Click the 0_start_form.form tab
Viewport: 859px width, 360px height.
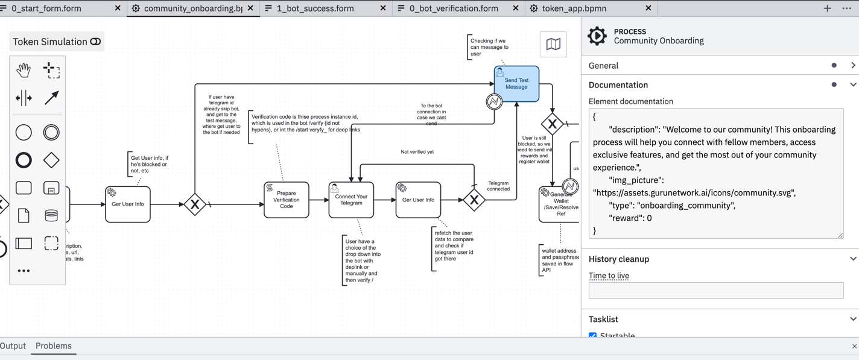(46, 8)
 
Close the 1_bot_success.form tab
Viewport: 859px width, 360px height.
(383, 8)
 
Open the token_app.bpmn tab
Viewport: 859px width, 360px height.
(574, 8)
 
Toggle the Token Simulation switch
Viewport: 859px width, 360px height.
(95, 42)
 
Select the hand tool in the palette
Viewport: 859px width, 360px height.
(24, 70)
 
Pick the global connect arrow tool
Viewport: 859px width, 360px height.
(51, 98)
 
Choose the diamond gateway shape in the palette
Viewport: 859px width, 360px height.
(51, 160)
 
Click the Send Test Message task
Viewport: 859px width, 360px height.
(516, 84)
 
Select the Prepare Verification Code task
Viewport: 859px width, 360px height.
(286, 200)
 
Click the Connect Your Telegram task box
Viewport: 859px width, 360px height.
(351, 200)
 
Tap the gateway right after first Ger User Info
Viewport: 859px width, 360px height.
(195, 204)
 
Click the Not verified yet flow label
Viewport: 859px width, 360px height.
(417, 152)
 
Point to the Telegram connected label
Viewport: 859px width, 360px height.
(498, 186)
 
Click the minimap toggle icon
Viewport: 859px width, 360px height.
(553, 44)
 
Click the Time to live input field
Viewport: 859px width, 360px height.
(715, 291)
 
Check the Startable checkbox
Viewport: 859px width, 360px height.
(593, 335)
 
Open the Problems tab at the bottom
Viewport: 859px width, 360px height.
(53, 346)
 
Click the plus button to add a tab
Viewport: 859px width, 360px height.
(827, 8)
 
